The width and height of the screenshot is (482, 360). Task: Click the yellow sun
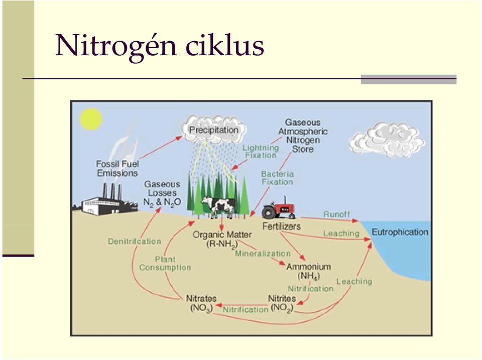[91, 118]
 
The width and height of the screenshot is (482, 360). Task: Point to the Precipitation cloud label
[214, 130]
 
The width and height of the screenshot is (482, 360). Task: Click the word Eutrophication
[400, 232]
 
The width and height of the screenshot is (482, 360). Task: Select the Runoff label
[336, 214]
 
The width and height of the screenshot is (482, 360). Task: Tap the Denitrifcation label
[135, 242]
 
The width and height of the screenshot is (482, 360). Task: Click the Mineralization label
[263, 254]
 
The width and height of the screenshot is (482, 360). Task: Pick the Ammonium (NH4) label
[309, 271]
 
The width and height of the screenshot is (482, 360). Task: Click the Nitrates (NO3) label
[201, 303]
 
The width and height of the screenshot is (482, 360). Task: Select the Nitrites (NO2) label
[282, 303]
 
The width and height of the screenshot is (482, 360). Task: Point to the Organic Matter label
[222, 239]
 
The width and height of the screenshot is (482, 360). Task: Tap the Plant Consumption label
[165, 264]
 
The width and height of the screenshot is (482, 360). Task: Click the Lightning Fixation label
[261, 152]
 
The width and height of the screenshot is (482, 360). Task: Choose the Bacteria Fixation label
[278, 178]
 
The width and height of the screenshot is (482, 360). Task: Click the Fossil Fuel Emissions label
[117, 168]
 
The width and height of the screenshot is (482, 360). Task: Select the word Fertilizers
[282, 226]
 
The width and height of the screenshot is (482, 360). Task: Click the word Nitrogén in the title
[116, 46]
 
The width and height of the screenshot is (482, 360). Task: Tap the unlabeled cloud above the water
[387, 140]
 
